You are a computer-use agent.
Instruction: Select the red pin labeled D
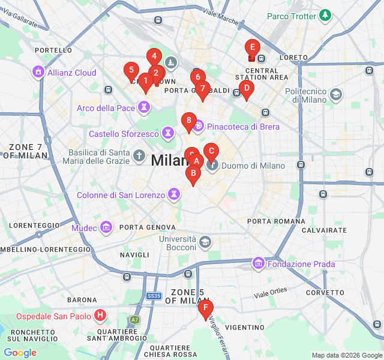click(x=245, y=88)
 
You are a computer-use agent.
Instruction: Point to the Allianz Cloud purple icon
click(x=38, y=72)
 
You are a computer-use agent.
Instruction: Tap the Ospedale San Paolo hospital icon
click(x=100, y=316)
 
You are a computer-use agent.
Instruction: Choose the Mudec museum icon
click(x=106, y=228)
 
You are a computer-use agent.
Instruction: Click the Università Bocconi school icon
click(x=205, y=242)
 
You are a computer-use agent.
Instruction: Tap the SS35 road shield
click(x=154, y=296)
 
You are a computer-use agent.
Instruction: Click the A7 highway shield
click(x=133, y=320)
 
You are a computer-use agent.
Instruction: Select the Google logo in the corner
click(x=20, y=353)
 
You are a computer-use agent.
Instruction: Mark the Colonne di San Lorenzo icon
click(x=174, y=194)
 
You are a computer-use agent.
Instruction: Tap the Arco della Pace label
click(x=106, y=108)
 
